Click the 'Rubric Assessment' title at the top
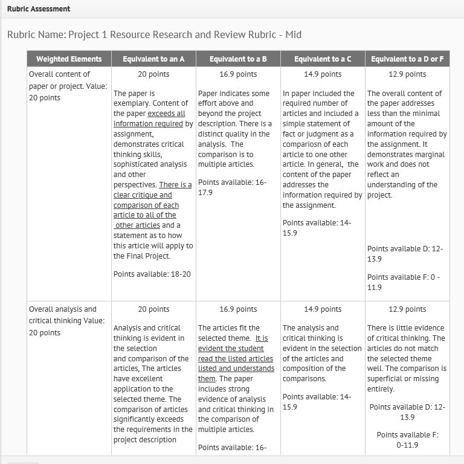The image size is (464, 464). pyautogui.click(x=39, y=9)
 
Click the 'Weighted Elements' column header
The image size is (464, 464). pyautogui.click(x=69, y=59)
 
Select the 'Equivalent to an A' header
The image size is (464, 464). pyautogui.click(x=153, y=59)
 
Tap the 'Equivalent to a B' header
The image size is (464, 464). pyautogui.click(x=238, y=59)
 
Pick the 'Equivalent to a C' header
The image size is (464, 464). pyautogui.click(x=323, y=59)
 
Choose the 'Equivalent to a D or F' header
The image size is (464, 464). pyautogui.click(x=407, y=59)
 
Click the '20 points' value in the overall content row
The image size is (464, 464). pyautogui.click(x=153, y=74)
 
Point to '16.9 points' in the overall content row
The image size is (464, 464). pyautogui.click(x=238, y=74)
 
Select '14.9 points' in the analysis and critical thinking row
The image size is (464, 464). pyautogui.click(x=323, y=309)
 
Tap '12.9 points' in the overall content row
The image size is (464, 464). pyautogui.click(x=407, y=74)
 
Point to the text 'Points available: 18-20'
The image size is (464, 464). pyautogui.click(x=152, y=274)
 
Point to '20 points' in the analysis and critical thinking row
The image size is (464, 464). pyautogui.click(x=153, y=309)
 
